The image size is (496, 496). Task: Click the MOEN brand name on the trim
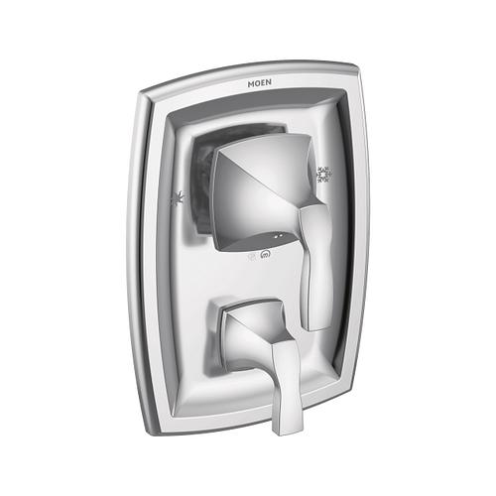click(x=260, y=83)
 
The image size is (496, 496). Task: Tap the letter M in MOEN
click(x=251, y=84)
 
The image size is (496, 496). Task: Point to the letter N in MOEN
click(x=269, y=82)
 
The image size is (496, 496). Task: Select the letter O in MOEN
click(x=257, y=83)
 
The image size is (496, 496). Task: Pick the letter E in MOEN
click(x=263, y=83)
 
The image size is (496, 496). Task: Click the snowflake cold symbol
click(x=324, y=175)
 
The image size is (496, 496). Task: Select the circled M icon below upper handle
click(x=265, y=255)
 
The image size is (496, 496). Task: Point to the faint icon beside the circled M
click(x=252, y=256)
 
